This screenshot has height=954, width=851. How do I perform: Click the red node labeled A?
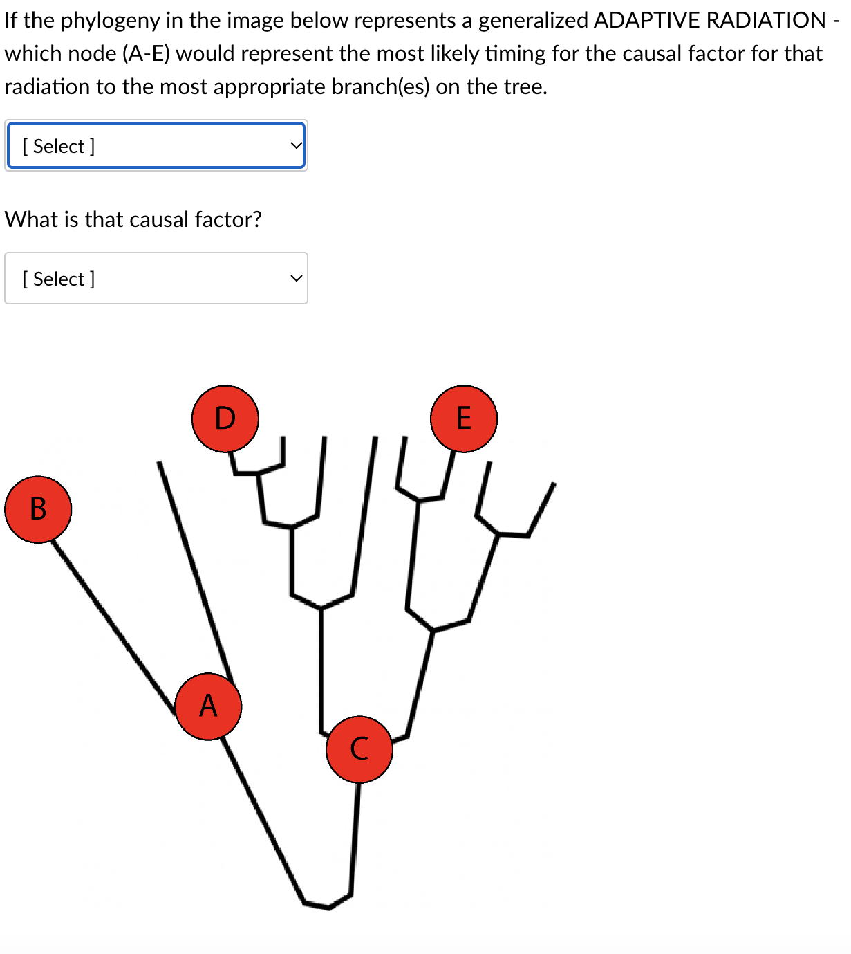coord(208,706)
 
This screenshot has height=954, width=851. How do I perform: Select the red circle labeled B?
coord(38,509)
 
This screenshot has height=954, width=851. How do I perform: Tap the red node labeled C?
coord(359,749)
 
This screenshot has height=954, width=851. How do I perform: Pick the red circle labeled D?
coord(225,419)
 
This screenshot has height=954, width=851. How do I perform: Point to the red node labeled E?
coord(463,419)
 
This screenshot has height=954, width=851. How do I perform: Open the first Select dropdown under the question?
coord(156,146)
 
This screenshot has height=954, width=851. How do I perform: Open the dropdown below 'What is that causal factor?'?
coord(156,278)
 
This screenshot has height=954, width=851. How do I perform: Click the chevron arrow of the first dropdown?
coord(296,146)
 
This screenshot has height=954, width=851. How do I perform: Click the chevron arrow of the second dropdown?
coord(296,279)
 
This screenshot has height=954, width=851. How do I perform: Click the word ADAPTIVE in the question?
coord(646,20)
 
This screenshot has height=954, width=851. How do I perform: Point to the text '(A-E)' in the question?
coord(146,53)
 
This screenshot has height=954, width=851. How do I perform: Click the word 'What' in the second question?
coord(31,219)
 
